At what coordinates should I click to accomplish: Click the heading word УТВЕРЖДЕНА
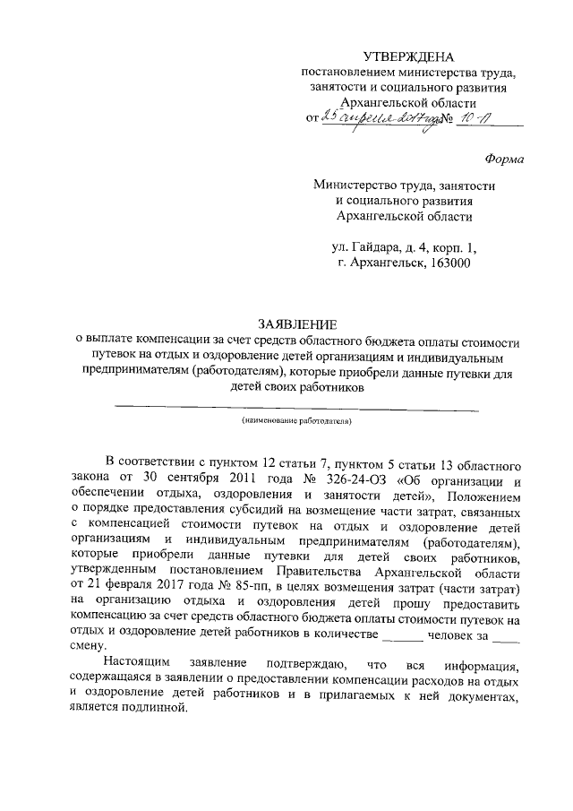[409, 57]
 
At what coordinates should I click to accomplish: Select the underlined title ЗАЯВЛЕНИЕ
[295, 324]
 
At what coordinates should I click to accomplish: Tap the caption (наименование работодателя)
[295, 419]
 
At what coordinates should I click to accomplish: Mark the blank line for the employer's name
[295, 409]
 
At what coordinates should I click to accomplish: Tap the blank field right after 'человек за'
[506, 634]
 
